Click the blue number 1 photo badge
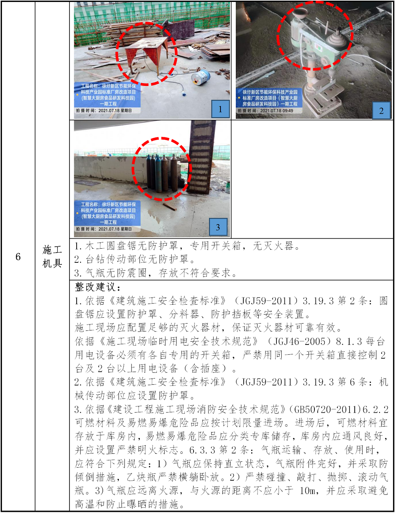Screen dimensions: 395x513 point(220,109)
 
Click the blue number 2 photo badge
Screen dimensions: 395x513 point(381,110)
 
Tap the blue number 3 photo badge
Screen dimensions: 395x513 point(218,227)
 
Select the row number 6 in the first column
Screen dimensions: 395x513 point(18,256)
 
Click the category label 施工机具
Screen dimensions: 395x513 point(52,256)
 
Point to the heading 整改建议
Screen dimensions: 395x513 point(98,287)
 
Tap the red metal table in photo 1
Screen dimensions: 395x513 point(147,54)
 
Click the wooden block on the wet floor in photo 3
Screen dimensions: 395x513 point(170,207)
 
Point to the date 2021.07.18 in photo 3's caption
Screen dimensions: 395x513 point(109,229)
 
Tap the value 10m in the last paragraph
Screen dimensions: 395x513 point(307,491)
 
